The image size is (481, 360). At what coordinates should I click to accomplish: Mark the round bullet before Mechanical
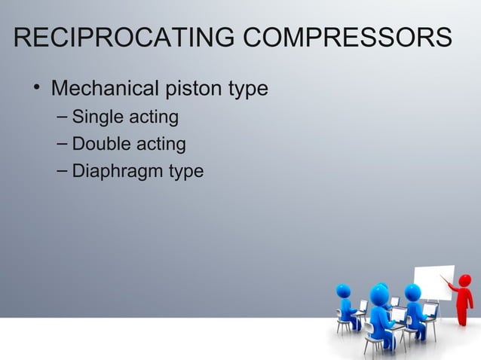[x=36, y=90]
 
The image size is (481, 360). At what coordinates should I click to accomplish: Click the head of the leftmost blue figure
[x=344, y=291]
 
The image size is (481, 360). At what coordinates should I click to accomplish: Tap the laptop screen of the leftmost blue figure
[x=363, y=306]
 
